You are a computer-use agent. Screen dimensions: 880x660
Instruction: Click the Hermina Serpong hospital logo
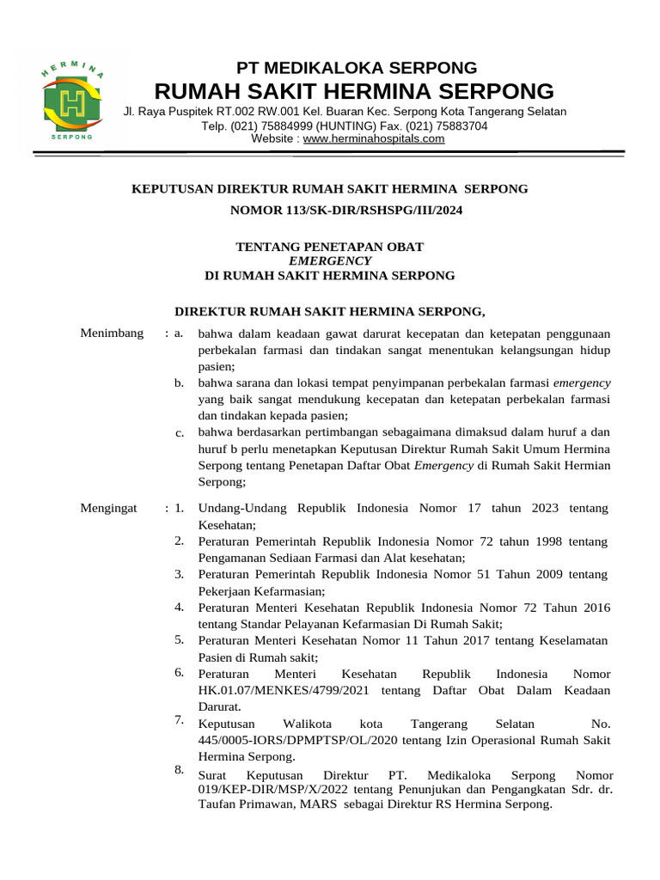(73, 102)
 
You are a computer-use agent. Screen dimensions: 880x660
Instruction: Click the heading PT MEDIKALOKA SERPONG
(357, 68)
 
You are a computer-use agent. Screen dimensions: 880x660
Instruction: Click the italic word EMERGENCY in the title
(330, 261)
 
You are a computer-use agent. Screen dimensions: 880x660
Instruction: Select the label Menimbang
(112, 333)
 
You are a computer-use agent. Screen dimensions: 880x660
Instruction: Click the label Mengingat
(108, 509)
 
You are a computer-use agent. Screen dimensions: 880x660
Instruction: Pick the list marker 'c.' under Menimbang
(180, 433)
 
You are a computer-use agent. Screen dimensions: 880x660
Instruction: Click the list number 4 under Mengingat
(180, 607)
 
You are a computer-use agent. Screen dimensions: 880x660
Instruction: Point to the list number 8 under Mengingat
(180, 770)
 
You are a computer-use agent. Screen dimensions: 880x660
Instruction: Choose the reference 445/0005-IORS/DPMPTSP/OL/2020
(295, 741)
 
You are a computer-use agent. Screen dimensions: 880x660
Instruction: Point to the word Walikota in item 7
(307, 724)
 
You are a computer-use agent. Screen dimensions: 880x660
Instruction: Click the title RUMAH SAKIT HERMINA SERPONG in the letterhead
(354, 92)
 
